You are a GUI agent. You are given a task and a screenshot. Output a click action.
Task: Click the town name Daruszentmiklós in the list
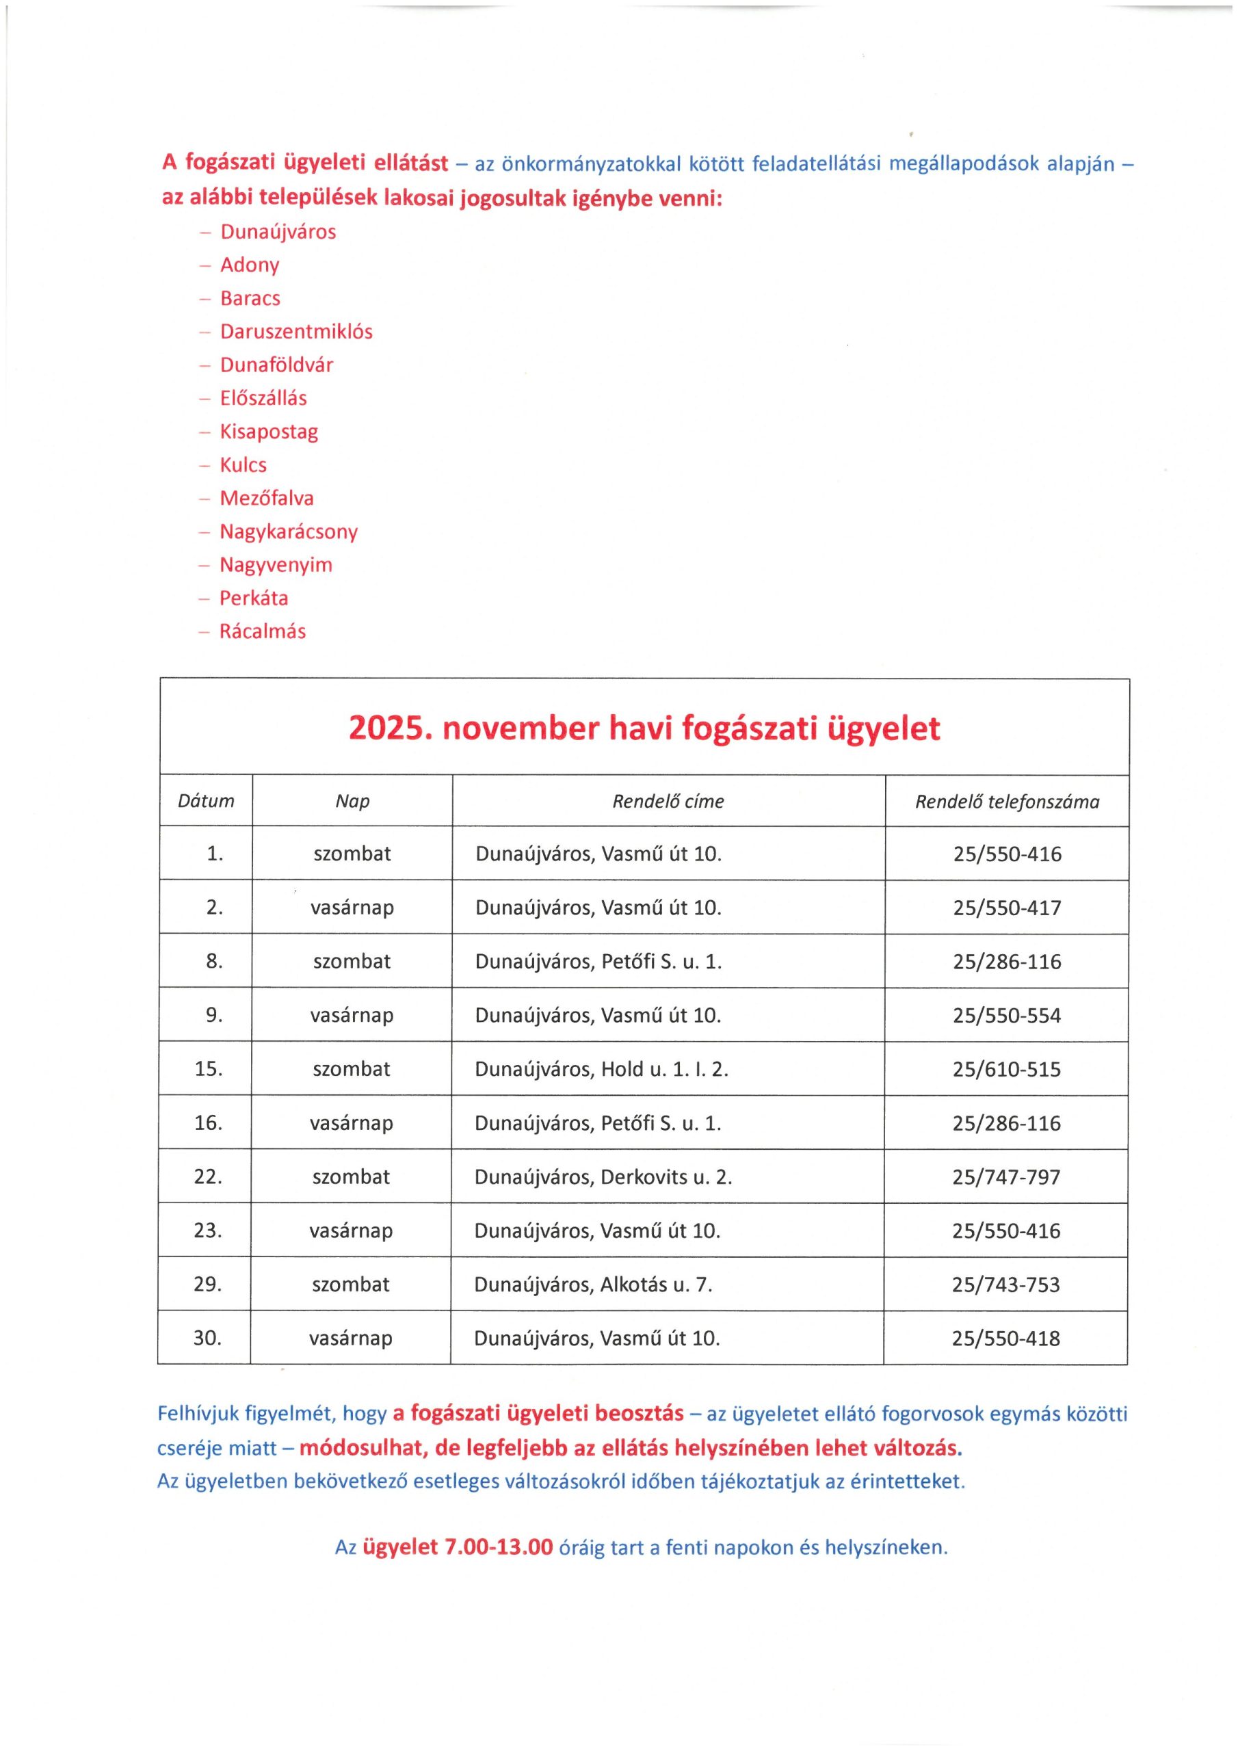coord(296,332)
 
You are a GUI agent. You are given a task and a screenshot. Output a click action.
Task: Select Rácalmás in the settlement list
coord(263,631)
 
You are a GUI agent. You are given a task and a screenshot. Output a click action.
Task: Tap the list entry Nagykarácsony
coord(289,531)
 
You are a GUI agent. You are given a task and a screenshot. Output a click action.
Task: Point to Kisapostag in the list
coord(269,432)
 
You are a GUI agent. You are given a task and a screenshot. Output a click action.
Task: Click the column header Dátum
coord(206,802)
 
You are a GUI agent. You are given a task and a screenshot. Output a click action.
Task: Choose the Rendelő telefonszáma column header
coord(1007,802)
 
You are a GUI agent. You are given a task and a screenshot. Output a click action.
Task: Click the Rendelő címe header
coord(668,802)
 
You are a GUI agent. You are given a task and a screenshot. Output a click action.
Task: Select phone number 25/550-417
coord(1007,908)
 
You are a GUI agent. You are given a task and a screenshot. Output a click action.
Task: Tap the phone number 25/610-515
coord(1006,1069)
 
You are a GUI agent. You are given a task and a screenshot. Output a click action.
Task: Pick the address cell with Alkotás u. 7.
coord(593,1285)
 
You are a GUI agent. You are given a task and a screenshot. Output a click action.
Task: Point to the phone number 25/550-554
coord(1006,1016)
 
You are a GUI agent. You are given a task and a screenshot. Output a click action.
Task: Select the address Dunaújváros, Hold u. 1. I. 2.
coord(601,1069)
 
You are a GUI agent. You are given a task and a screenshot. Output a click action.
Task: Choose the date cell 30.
coord(207,1339)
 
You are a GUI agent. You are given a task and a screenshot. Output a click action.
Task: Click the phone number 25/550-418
coord(1006,1339)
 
